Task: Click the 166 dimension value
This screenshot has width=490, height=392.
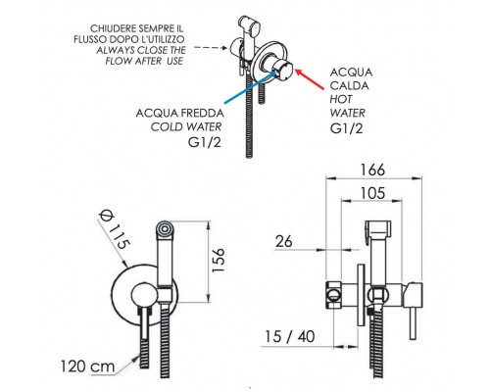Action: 372,170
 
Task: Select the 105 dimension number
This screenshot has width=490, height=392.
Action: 372,193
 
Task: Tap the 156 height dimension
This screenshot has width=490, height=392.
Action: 218,260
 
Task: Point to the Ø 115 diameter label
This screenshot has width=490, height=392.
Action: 115,229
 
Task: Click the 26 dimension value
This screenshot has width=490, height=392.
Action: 283,242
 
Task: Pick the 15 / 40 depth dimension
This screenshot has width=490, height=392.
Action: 289,336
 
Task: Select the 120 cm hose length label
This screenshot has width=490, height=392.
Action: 87,367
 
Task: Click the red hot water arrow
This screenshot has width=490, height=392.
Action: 310,78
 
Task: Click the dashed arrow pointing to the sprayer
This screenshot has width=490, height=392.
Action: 211,48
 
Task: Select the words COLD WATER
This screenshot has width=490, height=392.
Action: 186,126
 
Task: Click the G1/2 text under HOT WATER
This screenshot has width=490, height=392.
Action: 346,128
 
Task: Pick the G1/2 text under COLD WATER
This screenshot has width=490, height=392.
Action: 205,142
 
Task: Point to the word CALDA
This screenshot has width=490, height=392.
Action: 349,85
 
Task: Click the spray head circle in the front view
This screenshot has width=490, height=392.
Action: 165,228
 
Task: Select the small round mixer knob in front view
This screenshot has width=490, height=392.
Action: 142,296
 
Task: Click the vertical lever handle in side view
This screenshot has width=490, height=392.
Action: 414,323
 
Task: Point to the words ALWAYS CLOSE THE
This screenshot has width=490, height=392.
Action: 141,50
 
